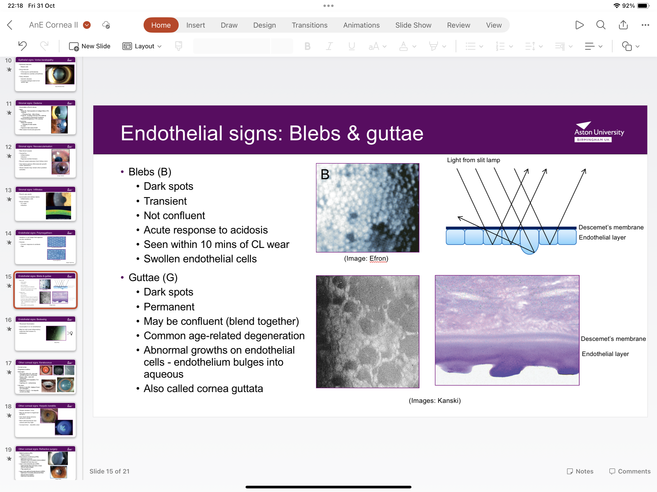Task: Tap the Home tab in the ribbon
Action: tap(161, 25)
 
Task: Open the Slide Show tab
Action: tap(413, 25)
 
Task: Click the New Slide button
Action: tap(90, 46)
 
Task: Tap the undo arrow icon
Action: tap(23, 46)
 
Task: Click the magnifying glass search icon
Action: tap(600, 25)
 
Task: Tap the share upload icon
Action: tap(623, 25)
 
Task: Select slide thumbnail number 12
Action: tap(45, 160)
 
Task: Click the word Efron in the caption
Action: tap(378, 258)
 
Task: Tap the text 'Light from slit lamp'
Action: tap(474, 160)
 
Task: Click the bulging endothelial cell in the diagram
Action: tap(529, 243)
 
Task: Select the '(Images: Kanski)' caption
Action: tap(435, 401)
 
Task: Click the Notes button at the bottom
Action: tap(580, 471)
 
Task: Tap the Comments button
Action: tap(630, 471)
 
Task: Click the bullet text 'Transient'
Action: tap(165, 201)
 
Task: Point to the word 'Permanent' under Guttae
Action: tap(169, 307)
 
